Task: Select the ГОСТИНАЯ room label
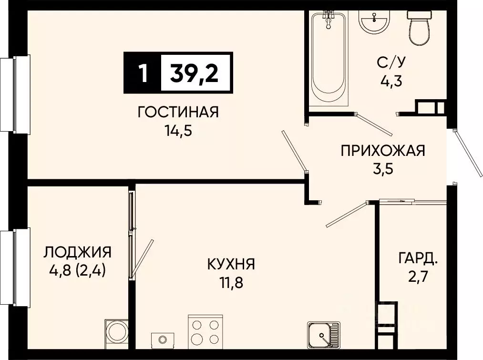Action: tap(178, 113)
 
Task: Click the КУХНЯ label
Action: tap(231, 264)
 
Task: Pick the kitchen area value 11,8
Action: tap(231, 283)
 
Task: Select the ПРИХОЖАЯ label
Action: tap(382, 151)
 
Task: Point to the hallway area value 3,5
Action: tap(382, 169)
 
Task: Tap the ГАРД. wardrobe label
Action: tap(418, 259)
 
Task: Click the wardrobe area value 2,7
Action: tap(418, 277)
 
